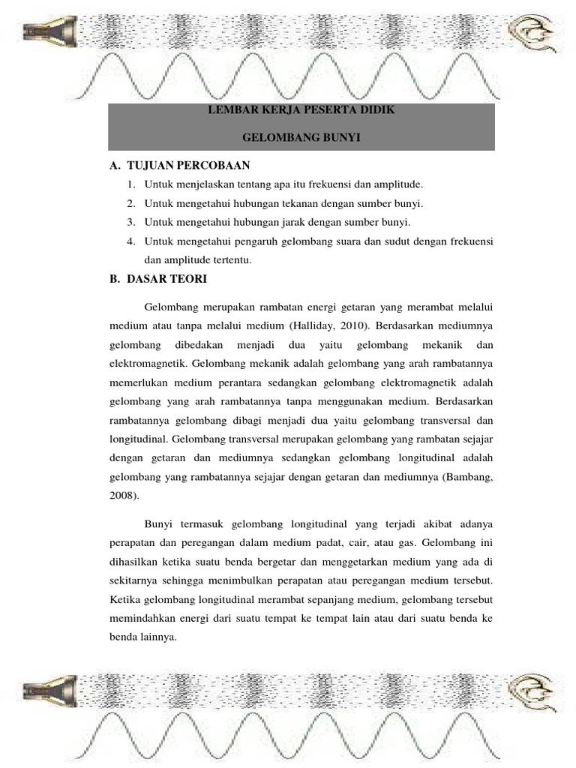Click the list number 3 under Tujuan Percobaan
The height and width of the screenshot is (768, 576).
tap(130, 223)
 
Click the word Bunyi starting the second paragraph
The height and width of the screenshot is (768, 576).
tap(159, 522)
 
